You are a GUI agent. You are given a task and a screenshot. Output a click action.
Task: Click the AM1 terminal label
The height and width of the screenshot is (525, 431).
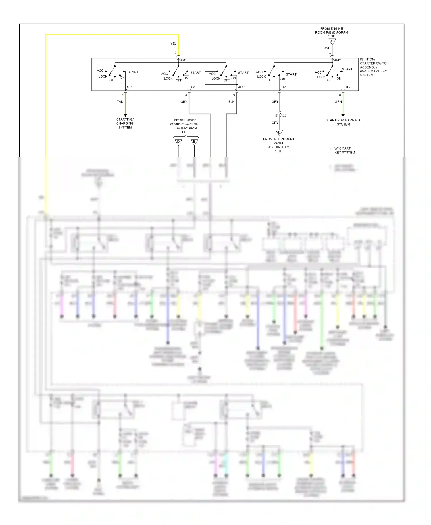pos(184,60)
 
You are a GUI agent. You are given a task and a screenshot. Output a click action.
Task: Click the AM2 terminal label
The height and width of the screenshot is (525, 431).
pos(337,60)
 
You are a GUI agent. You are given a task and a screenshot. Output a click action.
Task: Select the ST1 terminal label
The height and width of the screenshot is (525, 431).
pos(130,87)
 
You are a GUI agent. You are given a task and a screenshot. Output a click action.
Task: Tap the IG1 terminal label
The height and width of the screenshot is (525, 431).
pos(193,87)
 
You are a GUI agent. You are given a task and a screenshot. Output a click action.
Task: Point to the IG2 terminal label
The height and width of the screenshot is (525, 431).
pos(283,87)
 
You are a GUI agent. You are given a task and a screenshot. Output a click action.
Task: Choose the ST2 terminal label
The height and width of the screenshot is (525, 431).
pos(347,87)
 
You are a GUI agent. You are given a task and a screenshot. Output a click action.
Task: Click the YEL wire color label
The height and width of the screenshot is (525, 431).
pos(173,43)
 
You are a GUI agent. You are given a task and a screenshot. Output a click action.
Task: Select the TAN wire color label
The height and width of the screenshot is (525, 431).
pos(120,102)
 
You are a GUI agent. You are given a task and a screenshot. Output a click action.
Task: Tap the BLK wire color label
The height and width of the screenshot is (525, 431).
pos(231,102)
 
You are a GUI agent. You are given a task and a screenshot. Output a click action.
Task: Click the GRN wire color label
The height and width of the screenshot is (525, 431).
pos(338,102)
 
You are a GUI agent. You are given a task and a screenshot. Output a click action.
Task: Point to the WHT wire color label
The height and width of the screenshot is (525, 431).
pos(327,48)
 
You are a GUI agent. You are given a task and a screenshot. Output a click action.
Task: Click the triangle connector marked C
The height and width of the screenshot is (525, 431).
pos(332,42)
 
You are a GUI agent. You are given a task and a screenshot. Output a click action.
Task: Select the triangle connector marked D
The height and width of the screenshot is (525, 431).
pos(178,142)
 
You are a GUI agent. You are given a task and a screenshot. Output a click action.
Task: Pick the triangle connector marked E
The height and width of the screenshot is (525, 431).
pos(194,142)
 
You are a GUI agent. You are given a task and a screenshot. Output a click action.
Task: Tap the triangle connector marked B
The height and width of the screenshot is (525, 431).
pos(279,132)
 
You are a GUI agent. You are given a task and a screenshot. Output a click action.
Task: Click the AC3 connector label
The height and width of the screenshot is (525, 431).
pos(283,116)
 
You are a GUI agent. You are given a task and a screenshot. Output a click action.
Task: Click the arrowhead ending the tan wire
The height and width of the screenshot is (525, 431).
pos(125,115)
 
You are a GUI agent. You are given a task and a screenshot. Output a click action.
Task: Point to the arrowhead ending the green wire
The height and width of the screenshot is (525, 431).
pos(343,115)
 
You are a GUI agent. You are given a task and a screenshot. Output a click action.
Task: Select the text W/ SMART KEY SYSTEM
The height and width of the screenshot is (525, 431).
pos(345,150)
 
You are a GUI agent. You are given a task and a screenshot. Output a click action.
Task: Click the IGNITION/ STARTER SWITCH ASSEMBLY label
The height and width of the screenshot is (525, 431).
pos(374,67)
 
